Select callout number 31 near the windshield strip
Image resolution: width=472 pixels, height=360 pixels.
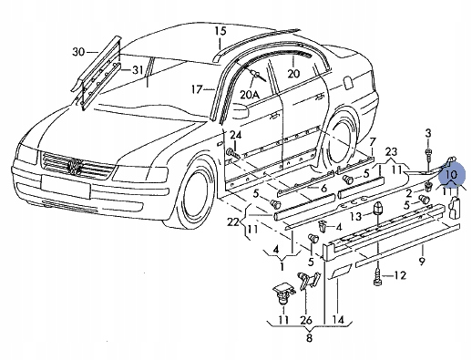click(137, 70)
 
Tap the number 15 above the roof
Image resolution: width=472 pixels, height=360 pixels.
click(219, 32)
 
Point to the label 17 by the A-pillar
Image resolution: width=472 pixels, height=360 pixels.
click(196, 89)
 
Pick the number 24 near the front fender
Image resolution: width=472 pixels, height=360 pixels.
click(235, 136)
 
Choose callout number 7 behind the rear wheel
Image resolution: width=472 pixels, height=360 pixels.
click(371, 142)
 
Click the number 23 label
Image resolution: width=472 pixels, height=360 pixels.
click(391, 151)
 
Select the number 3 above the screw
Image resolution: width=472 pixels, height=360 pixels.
click(428, 134)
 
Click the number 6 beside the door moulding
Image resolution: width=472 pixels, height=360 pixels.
click(323, 188)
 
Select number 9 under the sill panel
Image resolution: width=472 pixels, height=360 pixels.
click(422, 262)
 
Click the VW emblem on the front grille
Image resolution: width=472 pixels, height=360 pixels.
click(76, 168)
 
